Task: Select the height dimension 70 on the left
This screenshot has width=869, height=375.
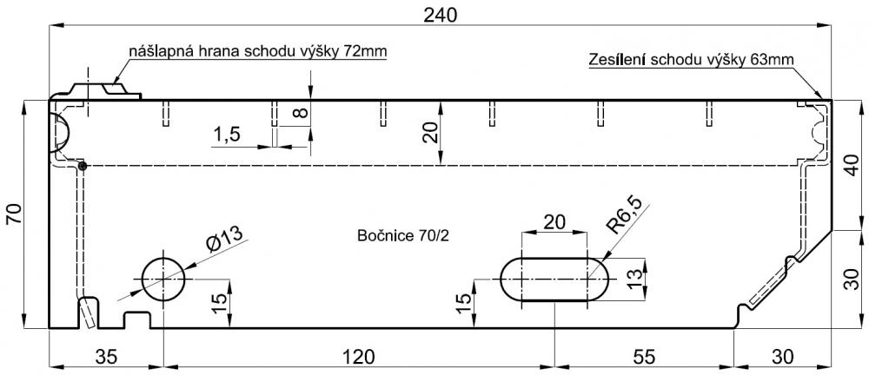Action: [x=14, y=214]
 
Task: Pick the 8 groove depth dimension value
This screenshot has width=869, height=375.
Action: [x=299, y=113]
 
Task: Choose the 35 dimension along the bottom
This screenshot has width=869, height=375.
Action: [x=105, y=357]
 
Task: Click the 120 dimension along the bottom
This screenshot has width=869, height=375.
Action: [x=359, y=357]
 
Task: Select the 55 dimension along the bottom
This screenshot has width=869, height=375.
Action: [x=643, y=357]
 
